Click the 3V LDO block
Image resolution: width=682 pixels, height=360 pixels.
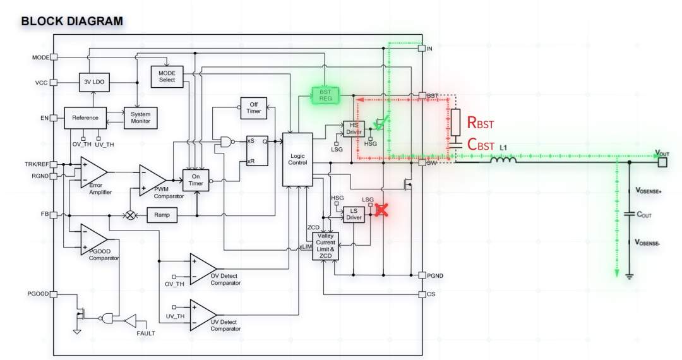tap(94, 81)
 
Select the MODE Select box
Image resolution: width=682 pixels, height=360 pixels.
tap(167, 76)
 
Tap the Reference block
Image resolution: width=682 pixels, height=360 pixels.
tap(85, 118)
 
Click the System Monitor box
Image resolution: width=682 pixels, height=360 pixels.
tap(140, 118)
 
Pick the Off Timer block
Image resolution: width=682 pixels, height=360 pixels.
tap(254, 108)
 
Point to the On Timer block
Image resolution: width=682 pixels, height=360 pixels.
tap(196, 180)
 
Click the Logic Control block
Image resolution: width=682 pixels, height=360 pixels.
tap(297, 159)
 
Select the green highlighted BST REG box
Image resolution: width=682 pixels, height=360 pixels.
tap(325, 95)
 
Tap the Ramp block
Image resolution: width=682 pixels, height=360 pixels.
tap(162, 215)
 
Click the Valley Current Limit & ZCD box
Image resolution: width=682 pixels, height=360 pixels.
tap(325, 246)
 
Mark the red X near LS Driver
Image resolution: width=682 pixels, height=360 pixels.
tap(381, 210)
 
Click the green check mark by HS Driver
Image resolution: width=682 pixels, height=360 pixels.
tap(380, 125)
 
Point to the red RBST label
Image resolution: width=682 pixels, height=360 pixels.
tap(480, 123)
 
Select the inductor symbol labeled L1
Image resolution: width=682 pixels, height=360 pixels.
tap(504, 160)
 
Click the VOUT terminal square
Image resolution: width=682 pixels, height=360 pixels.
tap(662, 162)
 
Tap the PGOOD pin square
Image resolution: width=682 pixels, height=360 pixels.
tap(54, 294)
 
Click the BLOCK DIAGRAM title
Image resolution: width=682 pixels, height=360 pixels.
tap(72, 21)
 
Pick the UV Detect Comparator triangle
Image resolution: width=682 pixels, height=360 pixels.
tap(203, 315)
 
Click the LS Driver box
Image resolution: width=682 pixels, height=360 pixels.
tap(354, 214)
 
